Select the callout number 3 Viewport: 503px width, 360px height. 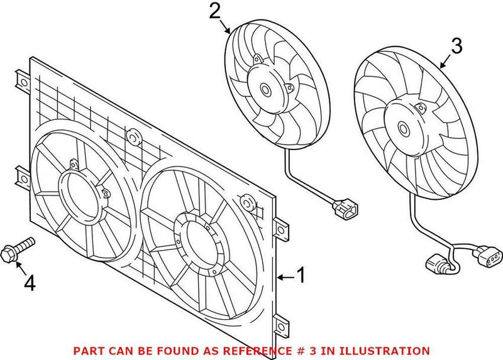pyautogui.click(x=457, y=46)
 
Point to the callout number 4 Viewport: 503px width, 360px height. pyautogui.click(x=28, y=285)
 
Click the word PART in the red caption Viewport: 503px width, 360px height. pyautogui.click(x=87, y=351)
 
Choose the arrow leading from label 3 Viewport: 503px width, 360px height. pyautogui.click(x=445, y=61)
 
